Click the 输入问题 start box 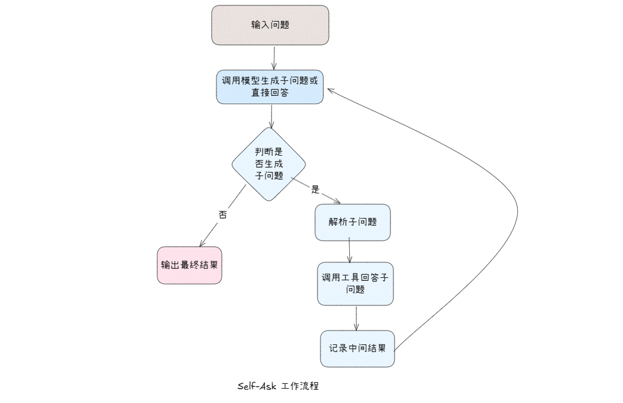[x=270, y=25]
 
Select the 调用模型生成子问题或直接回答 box [x=270, y=86]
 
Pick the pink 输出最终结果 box [x=190, y=265]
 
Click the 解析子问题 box [x=353, y=222]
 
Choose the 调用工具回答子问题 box [x=356, y=284]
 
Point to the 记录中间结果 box [x=358, y=349]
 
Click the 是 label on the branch [x=316, y=190]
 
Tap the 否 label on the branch [x=223, y=215]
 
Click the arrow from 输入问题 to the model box [x=274, y=57]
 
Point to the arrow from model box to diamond [x=271, y=116]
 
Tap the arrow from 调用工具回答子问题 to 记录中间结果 [x=356, y=318]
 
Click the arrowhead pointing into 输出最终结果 [x=202, y=244]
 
